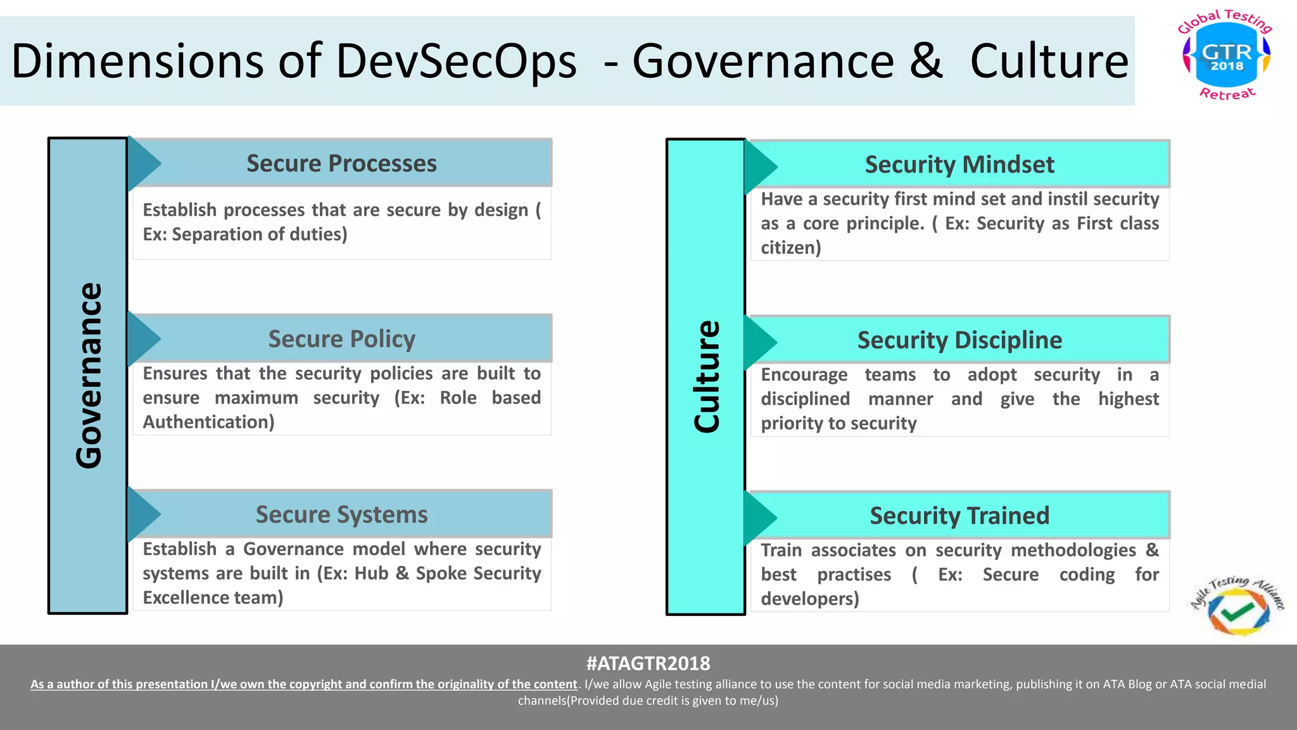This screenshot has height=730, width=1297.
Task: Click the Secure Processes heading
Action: click(x=341, y=163)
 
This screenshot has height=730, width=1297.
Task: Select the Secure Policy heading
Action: click(x=341, y=339)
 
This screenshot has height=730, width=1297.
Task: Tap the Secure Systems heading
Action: click(x=341, y=515)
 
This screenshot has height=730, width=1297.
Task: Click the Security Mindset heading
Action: click(x=959, y=165)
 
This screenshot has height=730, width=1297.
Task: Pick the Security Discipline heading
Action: click(x=959, y=340)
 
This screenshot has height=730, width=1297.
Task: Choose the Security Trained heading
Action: click(x=959, y=516)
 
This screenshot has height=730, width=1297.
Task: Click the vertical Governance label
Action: click(x=88, y=375)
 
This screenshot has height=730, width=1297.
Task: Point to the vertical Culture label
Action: click(x=706, y=376)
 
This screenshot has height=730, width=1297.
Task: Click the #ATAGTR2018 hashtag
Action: click(x=648, y=663)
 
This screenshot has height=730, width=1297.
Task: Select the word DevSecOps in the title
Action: click(x=456, y=61)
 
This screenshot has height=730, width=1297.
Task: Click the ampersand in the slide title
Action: click(x=927, y=61)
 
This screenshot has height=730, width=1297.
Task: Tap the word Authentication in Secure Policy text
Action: click(x=208, y=422)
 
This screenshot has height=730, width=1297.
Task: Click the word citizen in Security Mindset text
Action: click(x=790, y=248)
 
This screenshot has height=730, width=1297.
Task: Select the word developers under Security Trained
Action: click(x=809, y=599)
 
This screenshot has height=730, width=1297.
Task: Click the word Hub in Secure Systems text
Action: click(x=371, y=573)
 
